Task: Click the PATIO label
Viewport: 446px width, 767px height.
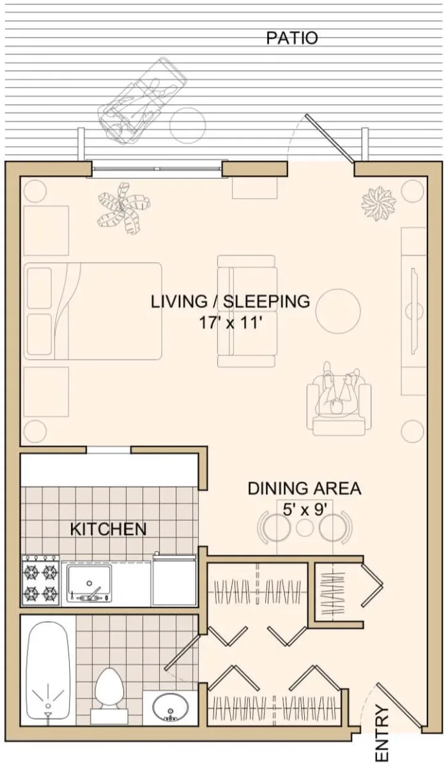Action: click(x=292, y=38)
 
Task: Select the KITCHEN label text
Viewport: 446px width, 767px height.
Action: click(x=108, y=529)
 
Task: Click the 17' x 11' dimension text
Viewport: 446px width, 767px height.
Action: click(x=231, y=323)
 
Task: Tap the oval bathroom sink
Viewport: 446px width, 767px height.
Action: click(x=171, y=706)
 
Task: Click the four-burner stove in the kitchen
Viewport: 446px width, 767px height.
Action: click(x=41, y=582)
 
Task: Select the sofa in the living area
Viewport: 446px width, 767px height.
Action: click(x=247, y=311)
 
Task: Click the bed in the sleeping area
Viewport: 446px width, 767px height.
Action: click(x=93, y=311)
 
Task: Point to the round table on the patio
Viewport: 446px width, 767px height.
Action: click(x=188, y=125)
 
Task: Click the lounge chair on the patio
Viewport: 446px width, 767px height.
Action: click(x=142, y=102)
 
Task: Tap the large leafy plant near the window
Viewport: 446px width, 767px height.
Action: click(x=123, y=208)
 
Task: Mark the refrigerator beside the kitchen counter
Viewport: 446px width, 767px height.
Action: click(x=174, y=582)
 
